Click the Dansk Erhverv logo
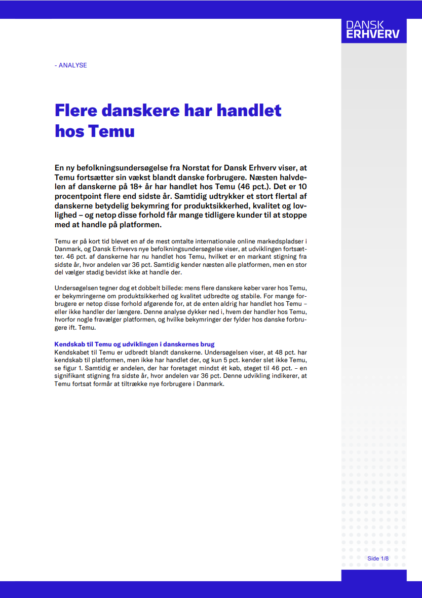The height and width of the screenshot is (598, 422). [373, 30]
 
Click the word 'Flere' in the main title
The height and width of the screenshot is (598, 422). [75, 110]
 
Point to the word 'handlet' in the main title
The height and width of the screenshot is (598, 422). [250, 110]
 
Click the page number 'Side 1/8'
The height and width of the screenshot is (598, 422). [378, 558]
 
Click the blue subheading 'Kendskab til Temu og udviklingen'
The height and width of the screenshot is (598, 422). [134, 344]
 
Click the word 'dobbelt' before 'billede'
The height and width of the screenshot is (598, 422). [133, 288]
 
